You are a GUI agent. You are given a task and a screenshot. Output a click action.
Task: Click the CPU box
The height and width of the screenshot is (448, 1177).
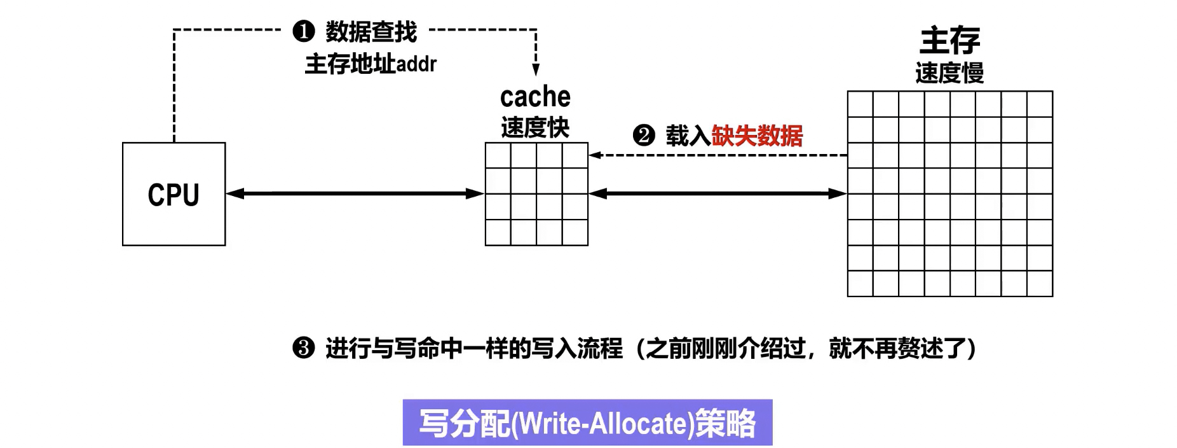point(173,194)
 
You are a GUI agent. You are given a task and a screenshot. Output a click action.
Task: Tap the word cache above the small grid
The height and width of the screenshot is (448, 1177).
point(535,97)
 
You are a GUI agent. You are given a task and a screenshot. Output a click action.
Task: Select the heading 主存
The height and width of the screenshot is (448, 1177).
point(949,41)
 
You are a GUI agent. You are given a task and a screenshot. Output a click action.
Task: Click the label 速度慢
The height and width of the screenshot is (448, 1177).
point(949,73)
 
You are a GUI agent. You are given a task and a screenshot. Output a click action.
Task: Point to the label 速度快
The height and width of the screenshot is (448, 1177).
point(535,127)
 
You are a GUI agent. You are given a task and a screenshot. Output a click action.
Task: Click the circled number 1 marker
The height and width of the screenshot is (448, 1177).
point(304,31)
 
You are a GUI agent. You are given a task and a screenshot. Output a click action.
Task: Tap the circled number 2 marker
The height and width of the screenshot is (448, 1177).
point(644,136)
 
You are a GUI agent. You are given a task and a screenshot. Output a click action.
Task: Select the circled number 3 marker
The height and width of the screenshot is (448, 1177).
point(304,348)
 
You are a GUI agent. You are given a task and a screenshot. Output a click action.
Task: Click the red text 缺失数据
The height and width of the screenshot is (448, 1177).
point(757,136)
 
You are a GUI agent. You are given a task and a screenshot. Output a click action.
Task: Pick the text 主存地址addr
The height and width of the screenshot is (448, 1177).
point(371,64)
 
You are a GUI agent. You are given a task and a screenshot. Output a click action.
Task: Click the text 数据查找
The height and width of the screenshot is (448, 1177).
point(371,31)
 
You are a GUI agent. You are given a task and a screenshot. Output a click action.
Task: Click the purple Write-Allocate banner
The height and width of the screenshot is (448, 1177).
point(587,423)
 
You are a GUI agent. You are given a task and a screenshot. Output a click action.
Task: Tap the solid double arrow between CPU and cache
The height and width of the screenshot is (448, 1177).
point(355,193)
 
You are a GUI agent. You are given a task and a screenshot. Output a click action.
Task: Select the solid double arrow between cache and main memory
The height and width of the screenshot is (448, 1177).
point(718,193)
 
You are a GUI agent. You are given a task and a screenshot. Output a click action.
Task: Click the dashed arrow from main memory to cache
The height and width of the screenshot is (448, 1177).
point(718,155)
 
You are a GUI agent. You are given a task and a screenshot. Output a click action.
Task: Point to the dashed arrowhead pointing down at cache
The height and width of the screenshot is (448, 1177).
point(536,69)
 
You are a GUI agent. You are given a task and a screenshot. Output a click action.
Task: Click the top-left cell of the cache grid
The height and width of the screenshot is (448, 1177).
point(498,155)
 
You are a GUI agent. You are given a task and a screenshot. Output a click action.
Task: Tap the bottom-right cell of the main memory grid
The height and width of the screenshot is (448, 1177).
point(1040,284)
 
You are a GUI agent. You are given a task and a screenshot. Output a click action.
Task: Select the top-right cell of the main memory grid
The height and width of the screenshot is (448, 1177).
point(1040,104)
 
